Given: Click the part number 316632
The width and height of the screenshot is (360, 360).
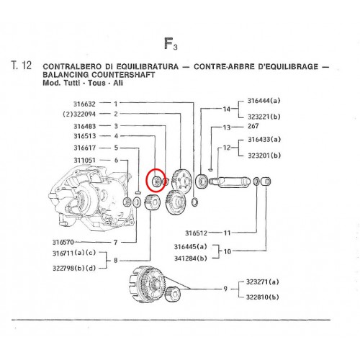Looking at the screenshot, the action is pos(84,104).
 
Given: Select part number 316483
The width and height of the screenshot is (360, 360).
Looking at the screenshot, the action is pos(85,126).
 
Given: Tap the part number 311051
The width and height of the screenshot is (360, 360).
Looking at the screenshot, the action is pos(84,160).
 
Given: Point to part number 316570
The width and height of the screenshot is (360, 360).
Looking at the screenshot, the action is pos(63,242).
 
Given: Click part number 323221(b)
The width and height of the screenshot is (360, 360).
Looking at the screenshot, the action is pos(264,117).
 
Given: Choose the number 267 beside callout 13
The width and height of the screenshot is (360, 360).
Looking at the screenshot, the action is pos(253,126).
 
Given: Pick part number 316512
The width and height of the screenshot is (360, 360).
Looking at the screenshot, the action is pos(196,233).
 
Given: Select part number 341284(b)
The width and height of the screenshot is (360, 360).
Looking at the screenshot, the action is pos(191,258).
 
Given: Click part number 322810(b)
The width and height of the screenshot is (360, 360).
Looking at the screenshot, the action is pos(263,297).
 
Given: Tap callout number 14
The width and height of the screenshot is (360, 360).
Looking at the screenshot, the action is pos(227,109).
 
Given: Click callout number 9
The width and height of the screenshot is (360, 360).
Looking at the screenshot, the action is pos(225,289).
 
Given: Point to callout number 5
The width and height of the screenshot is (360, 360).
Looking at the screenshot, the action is pos(116,148).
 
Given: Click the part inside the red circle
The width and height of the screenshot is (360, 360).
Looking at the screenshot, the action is pos(156,181).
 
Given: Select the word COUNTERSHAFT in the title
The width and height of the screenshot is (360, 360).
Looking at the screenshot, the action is pos(123,75).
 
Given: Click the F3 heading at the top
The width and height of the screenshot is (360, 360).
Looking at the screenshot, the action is pos(171,44).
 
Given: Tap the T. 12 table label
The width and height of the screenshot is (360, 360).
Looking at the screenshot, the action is pos(22,66).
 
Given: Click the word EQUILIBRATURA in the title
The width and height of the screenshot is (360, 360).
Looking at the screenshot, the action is pos(148,66).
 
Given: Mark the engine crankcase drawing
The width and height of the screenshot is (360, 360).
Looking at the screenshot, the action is pos(91,199).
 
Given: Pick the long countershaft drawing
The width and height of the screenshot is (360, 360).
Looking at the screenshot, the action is pos(229,181).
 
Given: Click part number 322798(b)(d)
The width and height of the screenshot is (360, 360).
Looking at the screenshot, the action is pos(74,268).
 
